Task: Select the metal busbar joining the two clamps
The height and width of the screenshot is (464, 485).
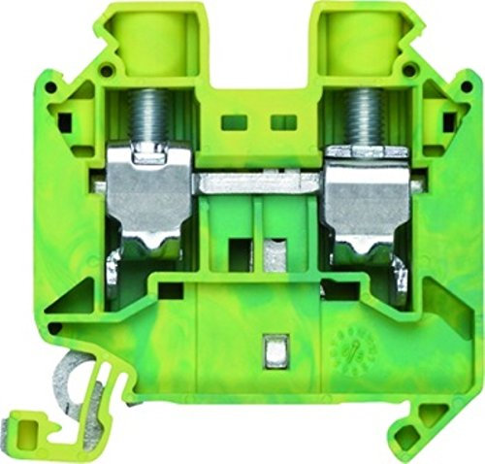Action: (260, 181)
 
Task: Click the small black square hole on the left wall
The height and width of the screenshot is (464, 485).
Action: (67, 123)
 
